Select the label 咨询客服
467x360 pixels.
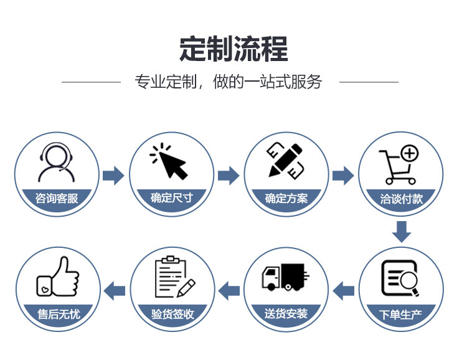tap(57, 199)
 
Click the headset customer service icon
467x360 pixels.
tap(57, 163)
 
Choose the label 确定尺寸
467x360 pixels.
tap(171, 199)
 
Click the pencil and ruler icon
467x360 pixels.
tap(285, 160)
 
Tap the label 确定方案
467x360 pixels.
tap(286, 199)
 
